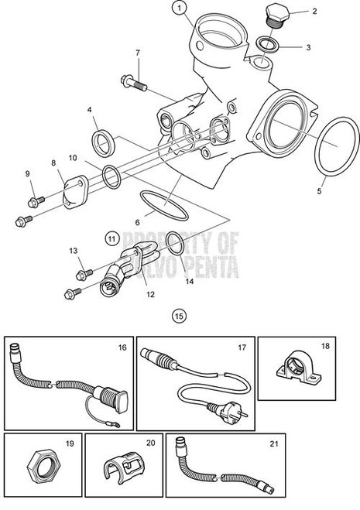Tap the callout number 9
coord(27,173)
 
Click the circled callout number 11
coord(112,237)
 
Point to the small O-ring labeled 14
coord(175,242)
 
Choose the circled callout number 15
coord(180,315)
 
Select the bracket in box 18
coord(298,379)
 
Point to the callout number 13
coord(74,251)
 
